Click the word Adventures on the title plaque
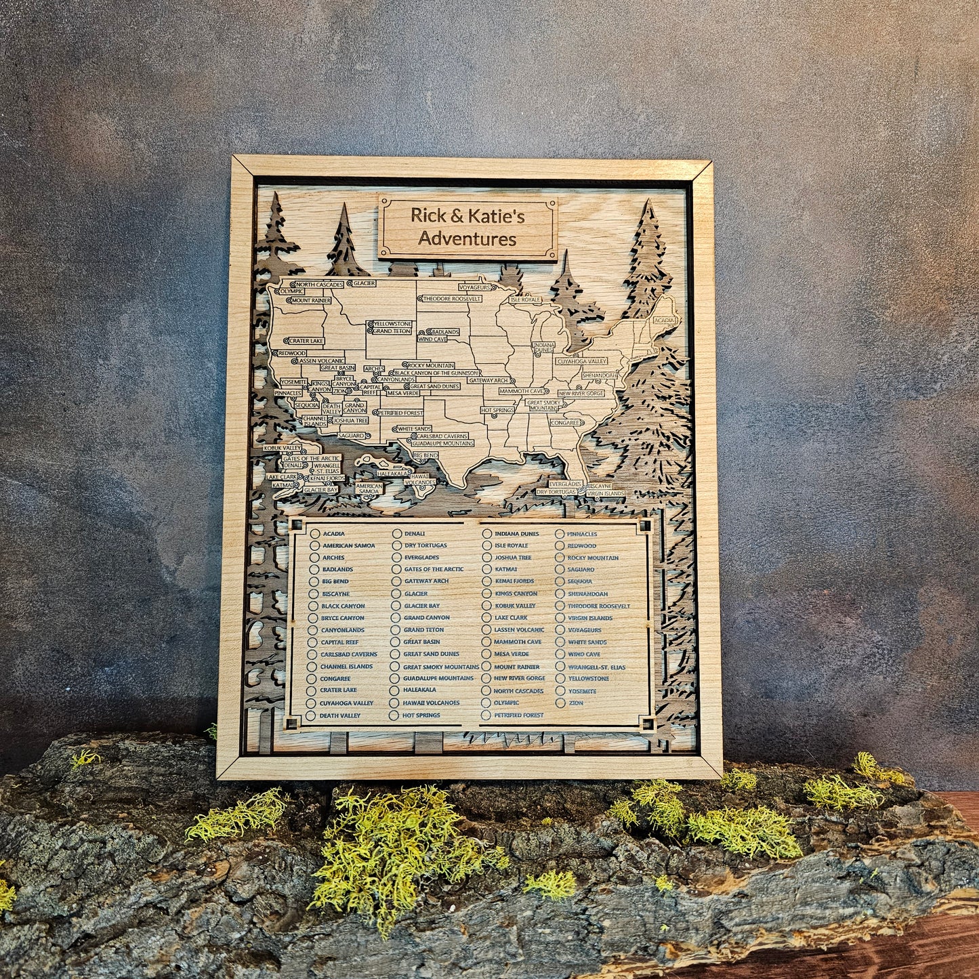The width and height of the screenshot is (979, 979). [467, 238]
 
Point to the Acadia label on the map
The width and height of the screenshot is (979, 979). [664, 319]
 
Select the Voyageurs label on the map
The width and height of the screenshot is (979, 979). [474, 287]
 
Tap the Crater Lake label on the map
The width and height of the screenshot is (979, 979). [306, 341]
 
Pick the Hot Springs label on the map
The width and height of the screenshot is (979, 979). [498, 410]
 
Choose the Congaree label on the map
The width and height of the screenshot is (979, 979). [565, 422]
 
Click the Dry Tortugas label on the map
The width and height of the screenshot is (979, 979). [556, 492]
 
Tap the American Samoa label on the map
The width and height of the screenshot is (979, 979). [369, 488]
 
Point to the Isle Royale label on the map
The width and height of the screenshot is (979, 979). [526, 299]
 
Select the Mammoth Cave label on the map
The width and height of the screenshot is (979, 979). [522, 391]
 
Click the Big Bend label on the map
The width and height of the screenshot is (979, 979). [425, 455]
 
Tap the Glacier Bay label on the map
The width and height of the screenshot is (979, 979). [320, 489]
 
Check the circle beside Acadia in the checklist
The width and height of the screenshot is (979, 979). [314, 533]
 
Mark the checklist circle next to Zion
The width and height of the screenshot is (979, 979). [560, 703]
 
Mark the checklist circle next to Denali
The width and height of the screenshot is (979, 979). [396, 534]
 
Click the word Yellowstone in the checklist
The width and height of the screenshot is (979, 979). [588, 679]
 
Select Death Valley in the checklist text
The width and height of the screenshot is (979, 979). [340, 715]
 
